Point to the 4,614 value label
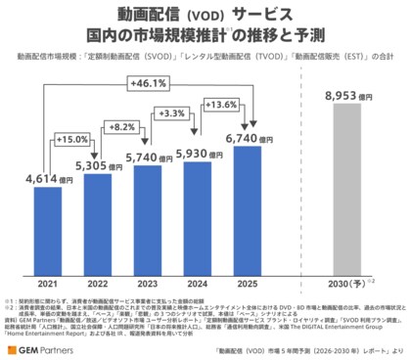[43, 180]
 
